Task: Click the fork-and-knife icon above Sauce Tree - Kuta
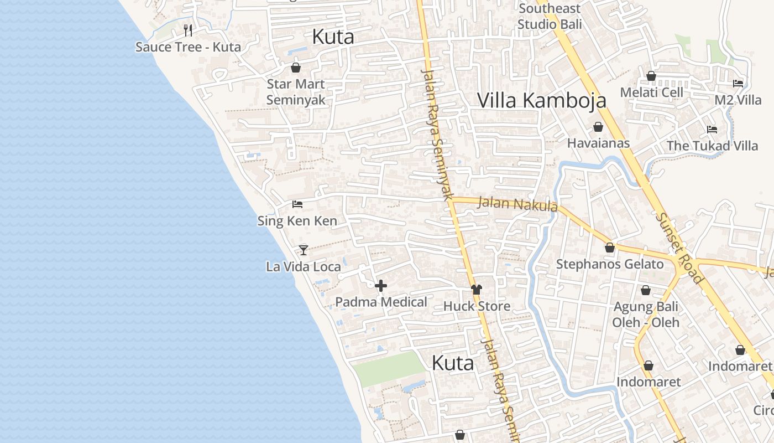pyautogui.click(x=188, y=30)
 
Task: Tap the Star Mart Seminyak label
pyautogui.click(x=296, y=92)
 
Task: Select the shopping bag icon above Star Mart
pyautogui.click(x=296, y=68)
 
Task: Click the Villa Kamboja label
pyautogui.click(x=541, y=100)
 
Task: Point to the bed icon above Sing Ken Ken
pyautogui.click(x=297, y=204)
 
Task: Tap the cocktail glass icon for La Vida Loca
pyautogui.click(x=303, y=250)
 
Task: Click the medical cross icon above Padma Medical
pyautogui.click(x=381, y=286)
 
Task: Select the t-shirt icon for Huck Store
pyautogui.click(x=477, y=289)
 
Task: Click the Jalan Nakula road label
pyautogui.click(x=517, y=204)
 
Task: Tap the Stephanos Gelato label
pyautogui.click(x=609, y=264)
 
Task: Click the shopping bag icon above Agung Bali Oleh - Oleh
pyautogui.click(x=645, y=290)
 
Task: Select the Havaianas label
pyautogui.click(x=598, y=143)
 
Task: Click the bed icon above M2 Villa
pyautogui.click(x=738, y=84)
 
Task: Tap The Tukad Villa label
pyautogui.click(x=712, y=146)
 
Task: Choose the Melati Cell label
pyautogui.click(x=651, y=92)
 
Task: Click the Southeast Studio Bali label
pyautogui.click(x=550, y=17)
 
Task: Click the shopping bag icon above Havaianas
pyautogui.click(x=598, y=127)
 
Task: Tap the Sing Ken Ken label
pyautogui.click(x=297, y=221)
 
